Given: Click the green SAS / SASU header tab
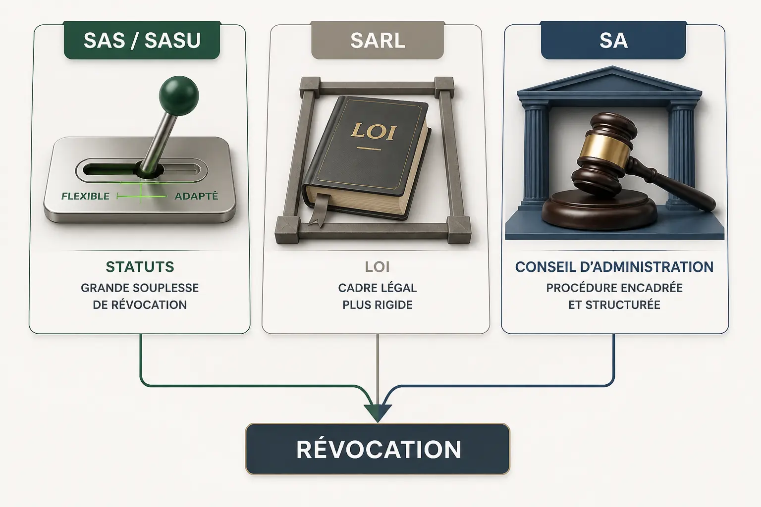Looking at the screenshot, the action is tap(142, 41).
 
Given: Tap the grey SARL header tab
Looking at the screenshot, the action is tap(378, 41).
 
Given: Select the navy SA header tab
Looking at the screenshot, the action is tap(613, 41).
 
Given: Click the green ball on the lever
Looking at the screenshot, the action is tap(179, 96).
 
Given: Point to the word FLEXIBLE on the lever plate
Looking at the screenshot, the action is tap(85, 196).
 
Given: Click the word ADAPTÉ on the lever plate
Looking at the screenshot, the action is tap(196, 196).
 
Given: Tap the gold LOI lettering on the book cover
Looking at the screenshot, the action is tap(374, 131).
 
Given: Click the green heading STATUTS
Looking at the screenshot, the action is tap(140, 267).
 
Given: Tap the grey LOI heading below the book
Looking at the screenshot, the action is tap(378, 267).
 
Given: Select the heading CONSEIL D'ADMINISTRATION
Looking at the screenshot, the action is tap(614, 267).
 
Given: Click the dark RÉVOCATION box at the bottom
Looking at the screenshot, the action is tap(378, 449).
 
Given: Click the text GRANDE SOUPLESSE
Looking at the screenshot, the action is tap(140, 288).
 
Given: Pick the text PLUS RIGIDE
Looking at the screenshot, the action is tap(378, 305).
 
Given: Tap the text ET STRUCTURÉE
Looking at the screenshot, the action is tap(614, 305).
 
